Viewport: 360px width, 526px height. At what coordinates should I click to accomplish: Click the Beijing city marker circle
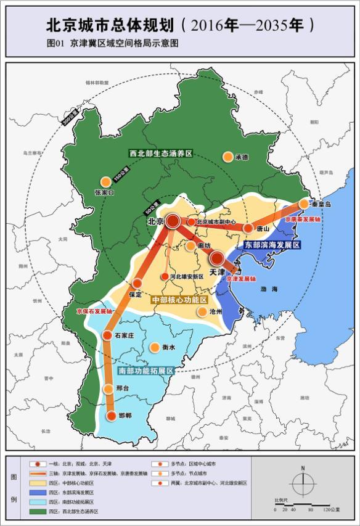(173, 221)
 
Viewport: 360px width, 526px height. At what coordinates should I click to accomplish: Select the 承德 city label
(242, 157)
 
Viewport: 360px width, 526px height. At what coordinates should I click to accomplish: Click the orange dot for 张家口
(105, 181)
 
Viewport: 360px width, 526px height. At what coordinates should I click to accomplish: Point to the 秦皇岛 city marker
(304, 203)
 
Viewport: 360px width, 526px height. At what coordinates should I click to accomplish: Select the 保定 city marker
(137, 284)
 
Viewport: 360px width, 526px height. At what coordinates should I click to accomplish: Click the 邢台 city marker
(110, 389)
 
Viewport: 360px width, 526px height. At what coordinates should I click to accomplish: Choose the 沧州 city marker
(202, 312)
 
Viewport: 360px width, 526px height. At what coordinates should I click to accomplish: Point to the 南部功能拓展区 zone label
(145, 371)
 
